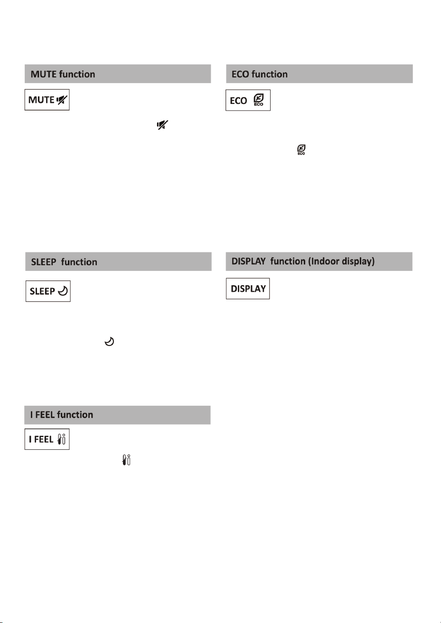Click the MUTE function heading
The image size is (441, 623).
point(63,74)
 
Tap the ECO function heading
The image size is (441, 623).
point(260,74)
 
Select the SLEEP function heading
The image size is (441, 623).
point(64,262)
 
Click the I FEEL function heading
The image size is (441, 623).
point(62,415)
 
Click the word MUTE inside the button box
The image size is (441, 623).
point(41,100)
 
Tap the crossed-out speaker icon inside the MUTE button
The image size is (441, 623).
point(62,100)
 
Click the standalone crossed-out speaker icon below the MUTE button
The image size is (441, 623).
point(162,125)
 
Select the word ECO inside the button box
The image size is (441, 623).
point(238,101)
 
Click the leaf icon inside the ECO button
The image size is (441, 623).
point(259,100)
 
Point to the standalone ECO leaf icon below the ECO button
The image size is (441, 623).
point(301,149)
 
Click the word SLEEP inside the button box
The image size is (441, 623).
point(42,291)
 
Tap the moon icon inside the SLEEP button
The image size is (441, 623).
point(63,291)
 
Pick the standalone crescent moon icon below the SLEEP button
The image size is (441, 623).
point(109,341)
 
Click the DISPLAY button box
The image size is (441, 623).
point(248,288)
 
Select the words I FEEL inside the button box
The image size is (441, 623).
point(41,439)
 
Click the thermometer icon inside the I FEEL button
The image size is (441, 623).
point(61,439)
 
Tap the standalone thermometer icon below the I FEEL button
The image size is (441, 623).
point(126,460)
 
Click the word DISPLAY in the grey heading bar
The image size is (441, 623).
point(248,261)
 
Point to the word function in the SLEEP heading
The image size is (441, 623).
point(79,262)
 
